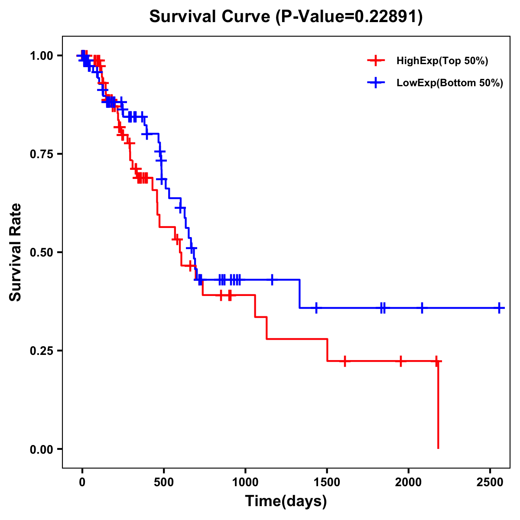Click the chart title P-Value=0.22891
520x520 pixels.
point(286,16)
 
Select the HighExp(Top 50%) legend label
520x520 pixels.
point(442,61)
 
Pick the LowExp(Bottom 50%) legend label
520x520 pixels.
point(450,83)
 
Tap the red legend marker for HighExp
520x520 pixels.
point(376,61)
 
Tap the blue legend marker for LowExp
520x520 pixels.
point(376,83)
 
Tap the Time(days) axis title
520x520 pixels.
point(286,501)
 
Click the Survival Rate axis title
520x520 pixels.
point(16,252)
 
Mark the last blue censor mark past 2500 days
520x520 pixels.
point(499,308)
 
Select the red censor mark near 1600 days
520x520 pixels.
point(344,361)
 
